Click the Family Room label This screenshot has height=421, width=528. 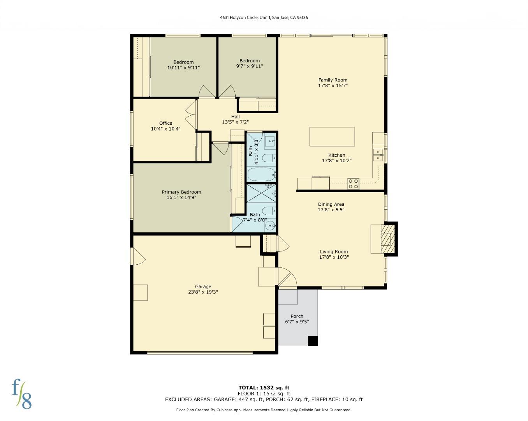point(333,80)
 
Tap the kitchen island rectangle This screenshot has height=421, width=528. point(332,137)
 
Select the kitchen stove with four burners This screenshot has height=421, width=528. point(353,184)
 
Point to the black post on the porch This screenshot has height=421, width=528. point(313,341)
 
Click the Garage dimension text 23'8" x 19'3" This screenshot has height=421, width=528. point(203,292)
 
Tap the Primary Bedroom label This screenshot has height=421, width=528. point(181,192)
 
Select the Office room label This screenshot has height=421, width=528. point(165,123)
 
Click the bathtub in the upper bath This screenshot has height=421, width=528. point(261,175)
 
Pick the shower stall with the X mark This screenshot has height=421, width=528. point(261,193)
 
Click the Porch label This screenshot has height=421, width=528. point(297,316)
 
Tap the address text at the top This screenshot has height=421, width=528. point(264,18)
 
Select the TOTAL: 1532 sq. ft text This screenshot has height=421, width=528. point(264,387)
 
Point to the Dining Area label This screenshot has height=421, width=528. point(331,204)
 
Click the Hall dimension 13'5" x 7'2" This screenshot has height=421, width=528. point(235,122)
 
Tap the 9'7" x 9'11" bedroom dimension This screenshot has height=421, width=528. point(250,66)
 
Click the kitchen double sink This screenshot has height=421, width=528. point(377,155)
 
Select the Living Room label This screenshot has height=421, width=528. point(334,251)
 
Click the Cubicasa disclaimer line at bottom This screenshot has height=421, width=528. point(264,410)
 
